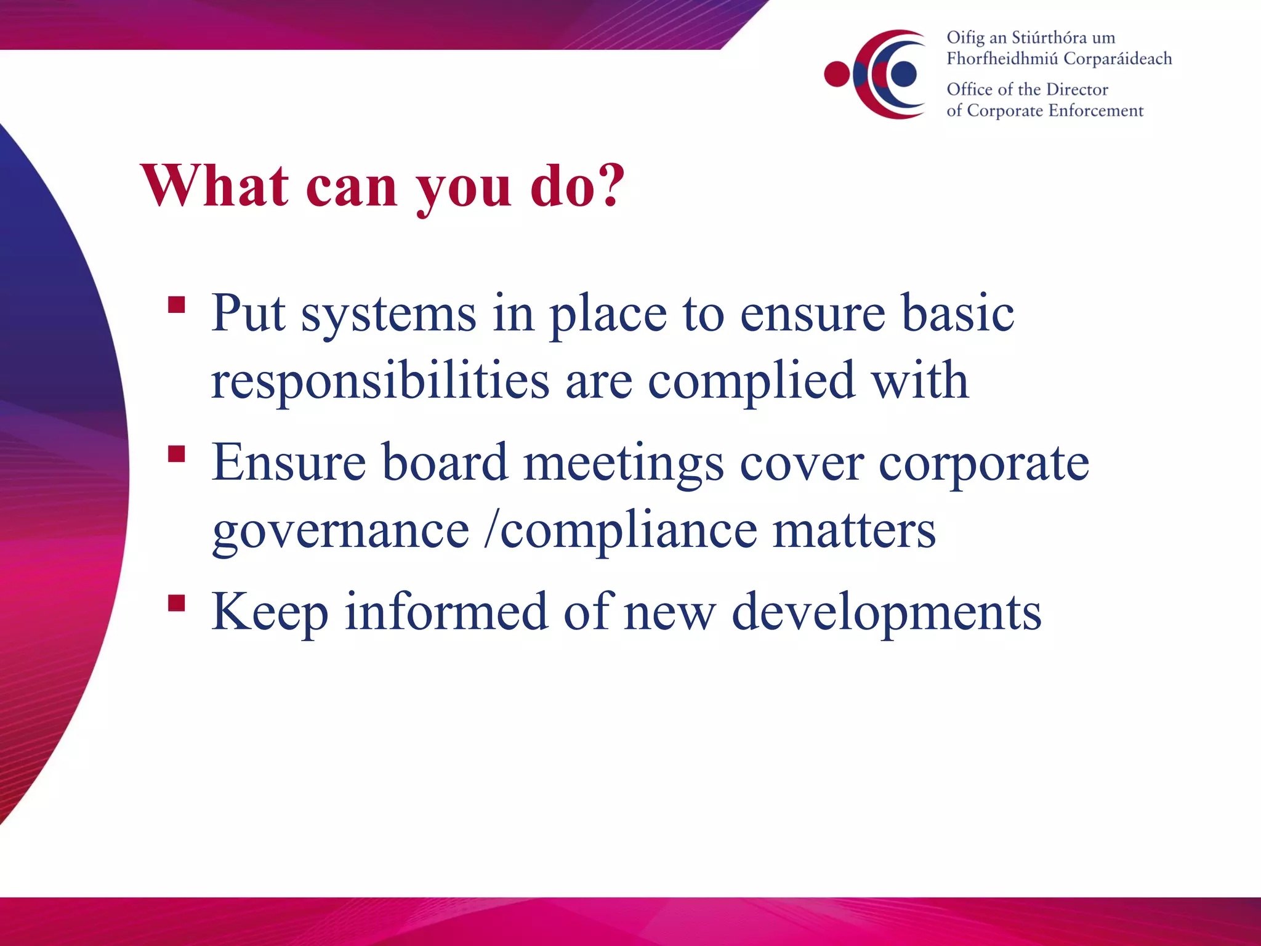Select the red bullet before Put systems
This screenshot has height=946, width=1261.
(x=177, y=305)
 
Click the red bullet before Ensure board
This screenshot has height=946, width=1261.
(x=177, y=454)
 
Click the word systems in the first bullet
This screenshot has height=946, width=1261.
(x=389, y=314)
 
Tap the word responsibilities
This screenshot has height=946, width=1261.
(x=380, y=381)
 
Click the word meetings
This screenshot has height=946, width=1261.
(x=624, y=464)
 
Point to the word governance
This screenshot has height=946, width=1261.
(x=340, y=531)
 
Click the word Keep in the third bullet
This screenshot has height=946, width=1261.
(x=270, y=612)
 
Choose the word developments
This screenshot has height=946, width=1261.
(x=886, y=612)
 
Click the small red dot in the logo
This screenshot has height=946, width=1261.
(x=837, y=74)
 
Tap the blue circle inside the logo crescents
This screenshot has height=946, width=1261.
(x=903, y=74)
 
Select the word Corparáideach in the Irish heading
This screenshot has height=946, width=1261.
(x=1118, y=59)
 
